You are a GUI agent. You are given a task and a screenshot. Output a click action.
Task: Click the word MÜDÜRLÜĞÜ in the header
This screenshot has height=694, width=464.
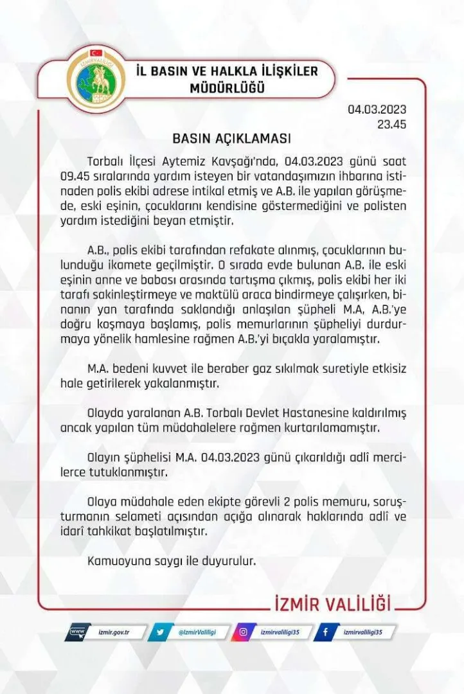pos(228,89)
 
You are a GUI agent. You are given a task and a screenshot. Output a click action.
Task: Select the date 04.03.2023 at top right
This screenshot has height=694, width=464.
pos(377,109)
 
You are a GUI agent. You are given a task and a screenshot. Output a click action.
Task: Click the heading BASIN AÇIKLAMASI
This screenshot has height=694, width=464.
pos(232,138)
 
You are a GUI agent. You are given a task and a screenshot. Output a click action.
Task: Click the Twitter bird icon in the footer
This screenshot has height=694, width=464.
pos(159,633)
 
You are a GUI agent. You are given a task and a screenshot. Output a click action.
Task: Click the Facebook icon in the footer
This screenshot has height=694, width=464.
pos(326,633)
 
